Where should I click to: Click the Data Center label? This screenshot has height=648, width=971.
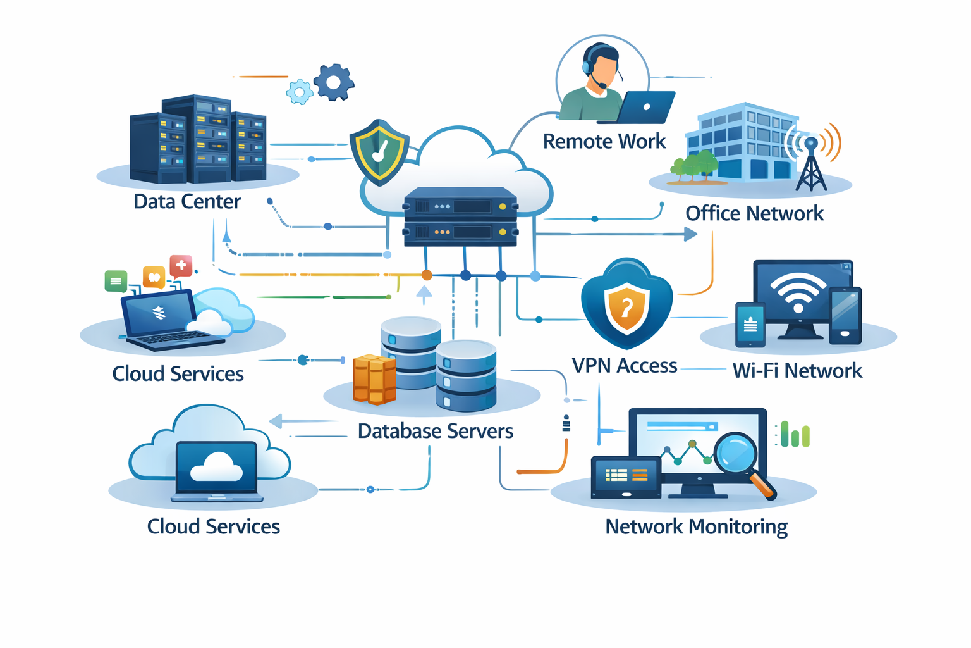pos(187,201)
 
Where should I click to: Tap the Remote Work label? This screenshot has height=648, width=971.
pos(604,141)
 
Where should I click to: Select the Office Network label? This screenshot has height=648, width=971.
pos(754,213)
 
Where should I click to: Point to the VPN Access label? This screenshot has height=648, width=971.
pos(624,366)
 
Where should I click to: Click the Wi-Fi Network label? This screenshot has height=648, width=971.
pos(797,370)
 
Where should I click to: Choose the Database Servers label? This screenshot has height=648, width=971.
pos(435,431)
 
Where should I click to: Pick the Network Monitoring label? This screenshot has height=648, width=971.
pos(696,526)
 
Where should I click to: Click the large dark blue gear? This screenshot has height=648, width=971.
pos(334,82)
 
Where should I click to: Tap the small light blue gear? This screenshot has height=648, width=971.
pos(300,92)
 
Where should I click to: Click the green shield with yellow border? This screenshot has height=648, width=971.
pos(379,152)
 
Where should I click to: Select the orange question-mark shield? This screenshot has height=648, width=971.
pos(626,308)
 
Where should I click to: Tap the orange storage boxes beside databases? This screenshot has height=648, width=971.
pos(374,379)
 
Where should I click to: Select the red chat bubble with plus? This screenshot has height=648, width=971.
pos(181,266)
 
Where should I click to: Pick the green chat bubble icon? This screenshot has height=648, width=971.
pos(116,280)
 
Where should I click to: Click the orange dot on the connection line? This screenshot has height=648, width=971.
pos(427,275)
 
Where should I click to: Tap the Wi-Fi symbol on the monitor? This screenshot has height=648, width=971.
pos(798,292)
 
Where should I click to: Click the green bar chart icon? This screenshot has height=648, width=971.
pos(795,435)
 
